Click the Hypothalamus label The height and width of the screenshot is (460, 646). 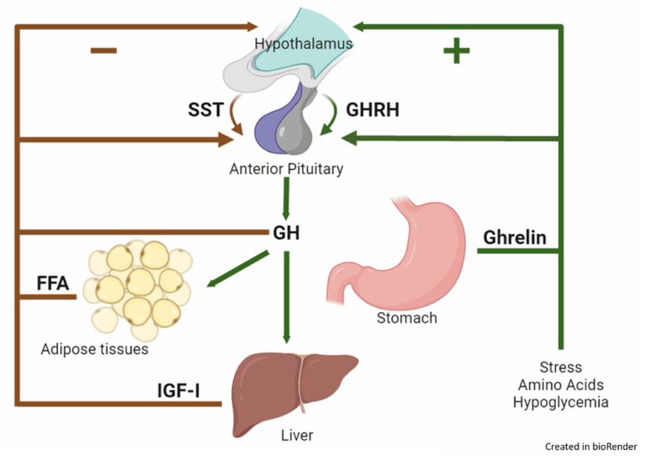[304, 43]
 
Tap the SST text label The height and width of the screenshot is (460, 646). [205, 109]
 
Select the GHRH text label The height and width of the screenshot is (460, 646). [373, 109]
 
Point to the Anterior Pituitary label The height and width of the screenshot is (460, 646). [286, 169]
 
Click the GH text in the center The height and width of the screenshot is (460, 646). [286, 233]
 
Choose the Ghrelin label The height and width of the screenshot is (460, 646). [515, 237]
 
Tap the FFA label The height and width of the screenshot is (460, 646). [53, 283]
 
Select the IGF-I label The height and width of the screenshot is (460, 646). [178, 390]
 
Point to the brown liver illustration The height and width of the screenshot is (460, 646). [294, 392]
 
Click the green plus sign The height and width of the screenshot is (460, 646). [457, 50]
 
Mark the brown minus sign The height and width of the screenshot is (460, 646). [103, 50]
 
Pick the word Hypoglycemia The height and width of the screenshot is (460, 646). [561, 402]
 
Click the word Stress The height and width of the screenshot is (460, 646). [561, 367]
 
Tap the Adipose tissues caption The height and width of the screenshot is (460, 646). [94, 349]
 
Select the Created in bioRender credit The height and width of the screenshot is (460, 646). [591, 447]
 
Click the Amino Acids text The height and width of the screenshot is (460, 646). [561, 384]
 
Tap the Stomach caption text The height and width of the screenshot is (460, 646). [407, 318]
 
